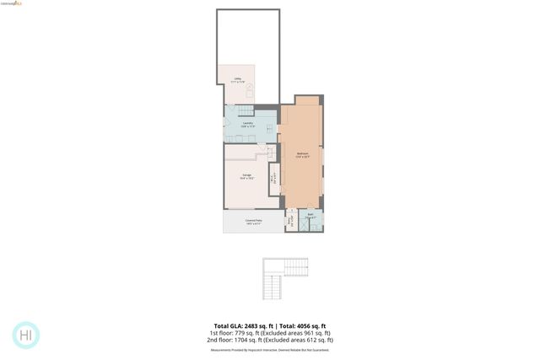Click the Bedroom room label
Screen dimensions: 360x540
[x=302, y=153]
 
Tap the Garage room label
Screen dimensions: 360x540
[x=247, y=176]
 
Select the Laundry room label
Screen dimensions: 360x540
[x=248, y=125]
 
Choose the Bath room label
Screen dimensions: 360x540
[x=310, y=216]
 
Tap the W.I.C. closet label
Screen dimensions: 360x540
[x=273, y=178]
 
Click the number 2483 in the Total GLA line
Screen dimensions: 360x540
[x=244, y=325]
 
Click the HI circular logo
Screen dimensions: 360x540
[x=26, y=335]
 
